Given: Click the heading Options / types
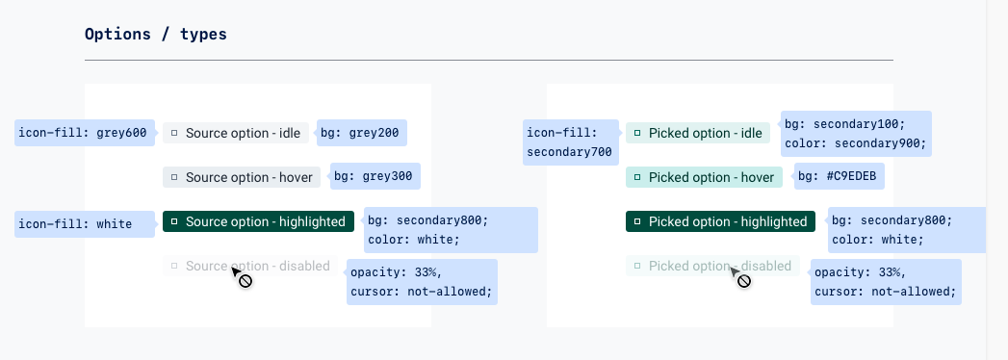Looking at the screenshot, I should pos(156,35).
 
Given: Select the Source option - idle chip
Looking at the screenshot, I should pos(236,133).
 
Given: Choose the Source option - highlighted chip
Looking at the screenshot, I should pos(258,221).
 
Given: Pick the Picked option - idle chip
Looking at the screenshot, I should pos(698,133).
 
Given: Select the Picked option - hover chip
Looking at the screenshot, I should pos(704,177).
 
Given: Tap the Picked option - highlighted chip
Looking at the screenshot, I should pos(720,221).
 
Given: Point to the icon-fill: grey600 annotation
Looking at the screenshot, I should pos(83,133).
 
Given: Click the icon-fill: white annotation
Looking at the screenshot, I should pos(83,224).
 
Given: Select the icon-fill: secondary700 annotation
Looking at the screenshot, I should pos(569,142).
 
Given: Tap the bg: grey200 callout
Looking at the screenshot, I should pos(360,133).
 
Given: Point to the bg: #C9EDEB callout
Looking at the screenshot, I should pos(840,176).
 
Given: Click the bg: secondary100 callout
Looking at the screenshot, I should pos(855,134).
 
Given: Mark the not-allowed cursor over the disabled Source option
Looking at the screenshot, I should pos(243,279).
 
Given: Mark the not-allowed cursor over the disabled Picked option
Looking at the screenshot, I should pos(741,279).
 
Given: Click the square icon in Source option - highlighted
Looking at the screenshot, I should pos(174,221).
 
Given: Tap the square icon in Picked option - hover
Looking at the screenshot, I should pos(637,177).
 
